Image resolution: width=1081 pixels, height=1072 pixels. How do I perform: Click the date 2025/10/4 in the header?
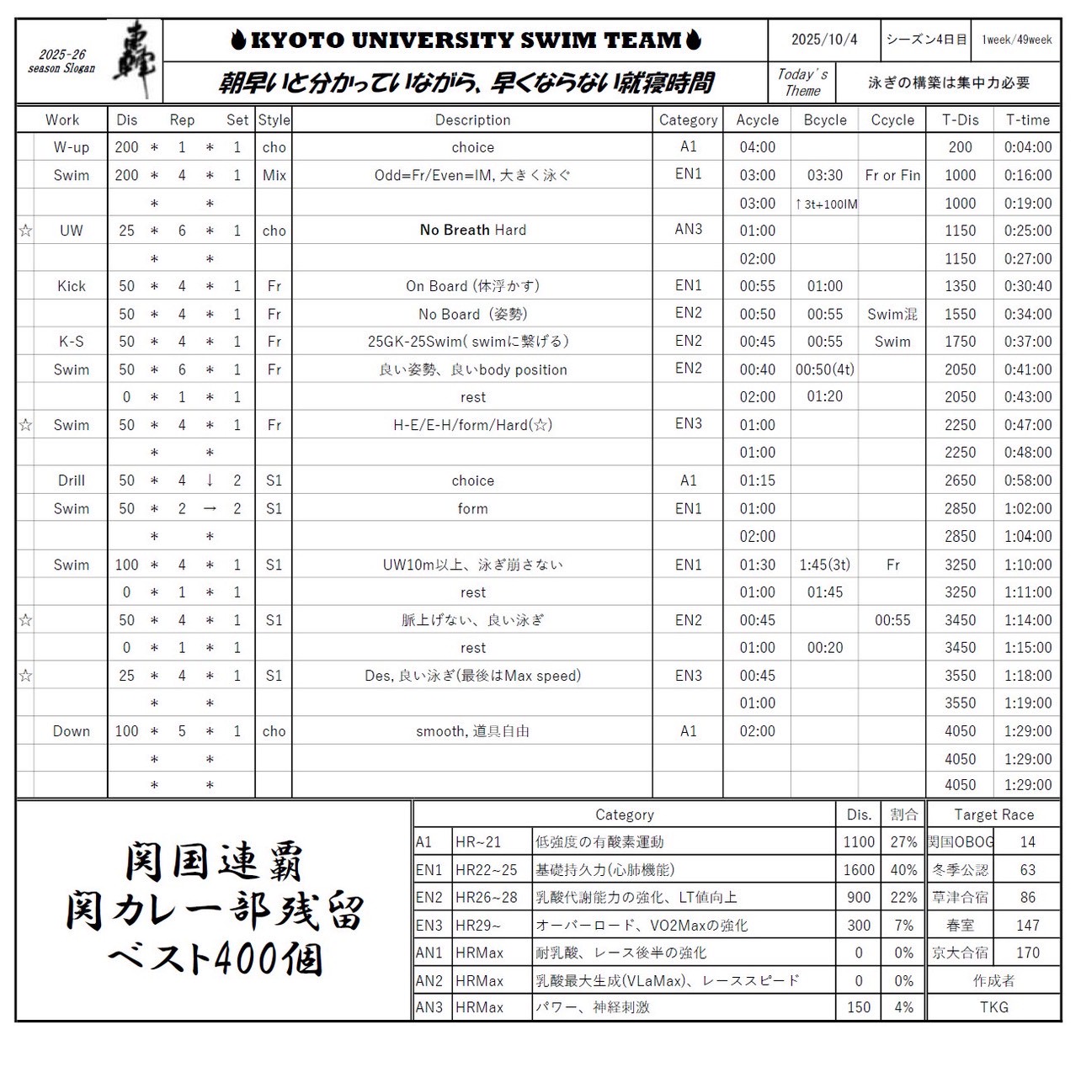pos(823,40)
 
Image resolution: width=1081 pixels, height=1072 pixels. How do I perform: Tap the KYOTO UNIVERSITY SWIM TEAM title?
pos(466,40)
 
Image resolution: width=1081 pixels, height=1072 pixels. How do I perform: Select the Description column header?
pos(472,119)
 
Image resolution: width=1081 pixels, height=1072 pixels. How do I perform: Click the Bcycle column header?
pos(824,119)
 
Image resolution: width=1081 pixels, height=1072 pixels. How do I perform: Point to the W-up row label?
pos(71,147)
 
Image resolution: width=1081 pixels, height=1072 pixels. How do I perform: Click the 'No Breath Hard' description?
pos(472,230)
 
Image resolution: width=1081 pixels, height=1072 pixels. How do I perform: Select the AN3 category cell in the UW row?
pos(688,229)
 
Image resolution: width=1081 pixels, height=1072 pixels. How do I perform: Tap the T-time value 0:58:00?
pos(1027,480)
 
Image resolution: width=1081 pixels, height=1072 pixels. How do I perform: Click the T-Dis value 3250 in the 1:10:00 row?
pos(960,565)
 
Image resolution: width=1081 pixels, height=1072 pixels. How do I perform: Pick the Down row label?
pos(71,731)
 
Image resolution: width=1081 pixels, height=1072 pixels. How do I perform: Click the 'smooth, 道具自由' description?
pos(472,731)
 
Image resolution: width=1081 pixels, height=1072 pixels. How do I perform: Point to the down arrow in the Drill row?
pos(210,480)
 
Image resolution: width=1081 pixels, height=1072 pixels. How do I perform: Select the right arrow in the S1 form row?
pos(210,508)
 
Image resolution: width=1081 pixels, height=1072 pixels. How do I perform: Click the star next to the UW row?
pos(25,231)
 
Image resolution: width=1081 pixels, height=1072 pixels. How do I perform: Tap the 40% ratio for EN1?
pos(903,869)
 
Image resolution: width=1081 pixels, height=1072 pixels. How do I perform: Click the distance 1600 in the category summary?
pos(858,869)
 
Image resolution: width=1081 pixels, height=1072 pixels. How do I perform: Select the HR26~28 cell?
pos(487,897)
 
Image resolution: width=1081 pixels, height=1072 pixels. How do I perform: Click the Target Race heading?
pos(993,815)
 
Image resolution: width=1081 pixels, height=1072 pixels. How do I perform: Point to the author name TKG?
pos(993,1006)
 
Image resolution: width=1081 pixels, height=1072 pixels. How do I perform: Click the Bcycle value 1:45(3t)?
pos(824,565)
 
